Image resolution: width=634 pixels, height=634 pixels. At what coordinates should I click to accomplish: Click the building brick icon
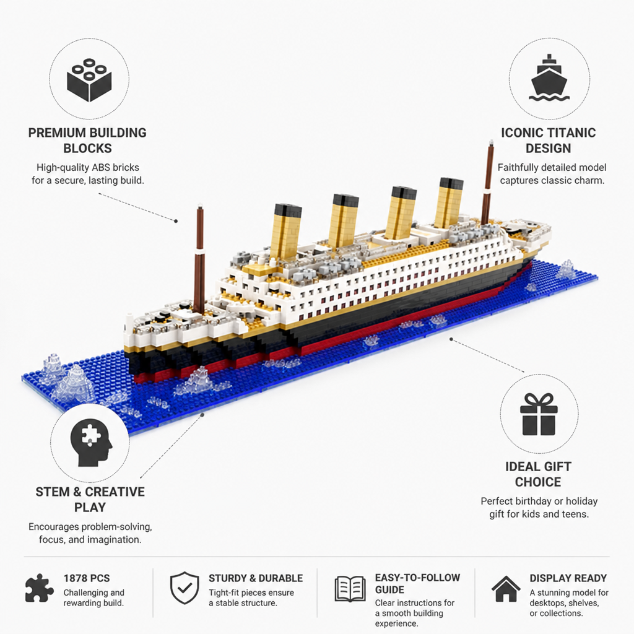89,80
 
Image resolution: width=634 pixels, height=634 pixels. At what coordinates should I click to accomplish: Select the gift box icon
539,414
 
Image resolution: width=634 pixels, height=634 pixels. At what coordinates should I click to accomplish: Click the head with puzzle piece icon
90,442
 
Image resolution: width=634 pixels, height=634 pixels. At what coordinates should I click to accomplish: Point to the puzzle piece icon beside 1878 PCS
39,588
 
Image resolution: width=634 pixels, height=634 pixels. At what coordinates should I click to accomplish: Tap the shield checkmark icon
185,588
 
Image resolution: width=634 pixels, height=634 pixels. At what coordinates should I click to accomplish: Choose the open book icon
350,589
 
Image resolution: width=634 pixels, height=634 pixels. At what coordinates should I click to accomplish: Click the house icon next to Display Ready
506,589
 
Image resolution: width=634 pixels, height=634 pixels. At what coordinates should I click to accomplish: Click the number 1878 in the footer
75,578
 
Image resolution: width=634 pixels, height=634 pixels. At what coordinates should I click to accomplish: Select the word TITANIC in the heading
573,132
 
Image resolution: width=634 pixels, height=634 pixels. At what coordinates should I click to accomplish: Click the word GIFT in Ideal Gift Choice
558,467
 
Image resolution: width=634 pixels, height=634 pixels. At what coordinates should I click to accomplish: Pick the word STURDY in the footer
227,578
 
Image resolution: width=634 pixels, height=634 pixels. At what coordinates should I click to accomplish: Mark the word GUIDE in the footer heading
389,589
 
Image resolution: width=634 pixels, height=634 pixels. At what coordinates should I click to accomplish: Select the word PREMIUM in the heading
57,132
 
